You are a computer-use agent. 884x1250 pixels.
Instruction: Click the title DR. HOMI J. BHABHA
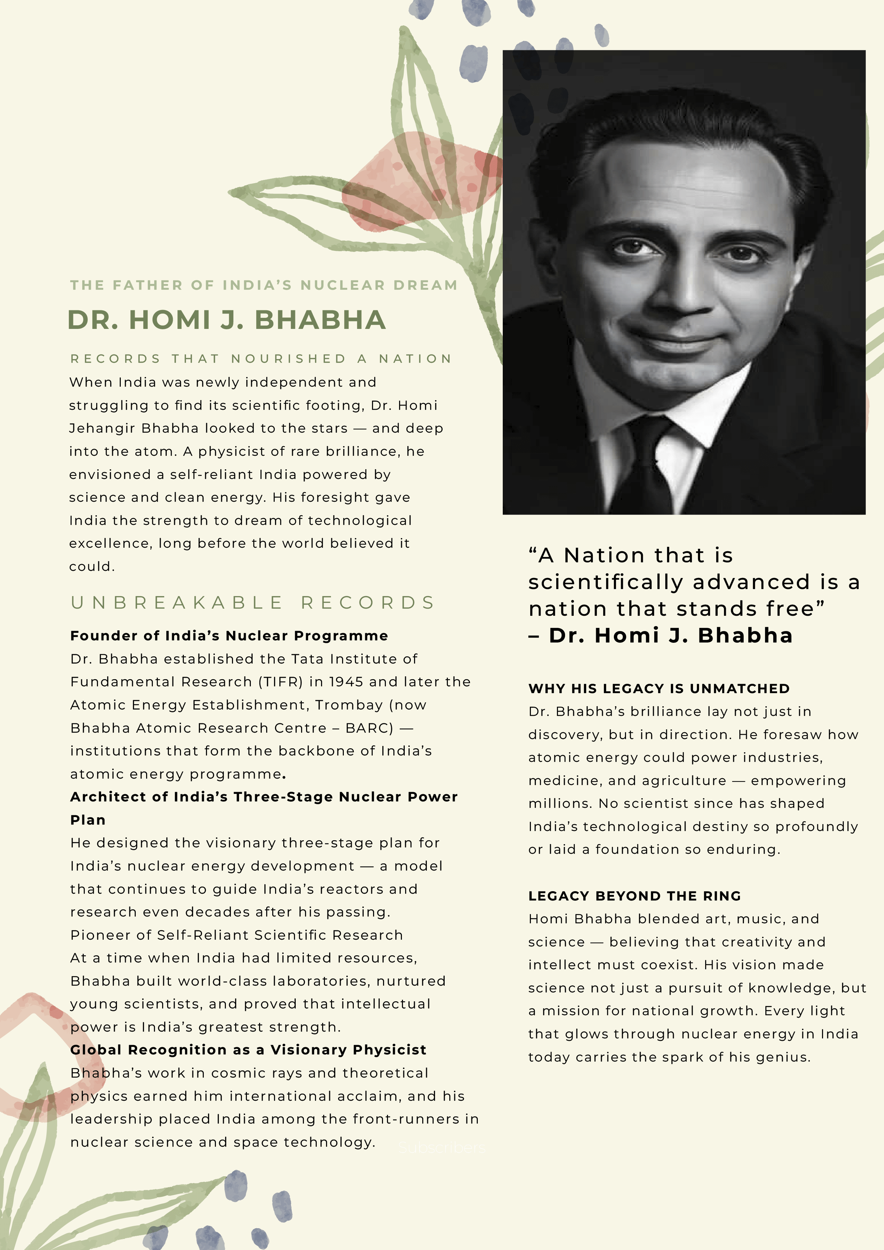click(x=227, y=320)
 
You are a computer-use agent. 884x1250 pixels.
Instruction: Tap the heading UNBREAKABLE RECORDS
click(x=253, y=603)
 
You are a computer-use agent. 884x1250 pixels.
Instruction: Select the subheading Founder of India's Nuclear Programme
click(x=229, y=636)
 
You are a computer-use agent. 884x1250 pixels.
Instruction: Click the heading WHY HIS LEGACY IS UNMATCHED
click(x=659, y=689)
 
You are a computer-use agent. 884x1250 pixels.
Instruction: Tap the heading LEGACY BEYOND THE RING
click(x=635, y=896)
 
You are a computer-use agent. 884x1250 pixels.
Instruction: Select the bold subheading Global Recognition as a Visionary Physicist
click(x=248, y=1050)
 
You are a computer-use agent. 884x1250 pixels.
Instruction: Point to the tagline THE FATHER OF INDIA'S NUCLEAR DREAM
click(x=263, y=285)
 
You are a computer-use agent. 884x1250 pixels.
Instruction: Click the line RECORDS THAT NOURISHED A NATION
click(x=261, y=359)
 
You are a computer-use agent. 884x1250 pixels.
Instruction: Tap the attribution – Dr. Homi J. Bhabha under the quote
click(x=660, y=635)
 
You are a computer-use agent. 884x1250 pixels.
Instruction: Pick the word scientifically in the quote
click(x=606, y=583)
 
